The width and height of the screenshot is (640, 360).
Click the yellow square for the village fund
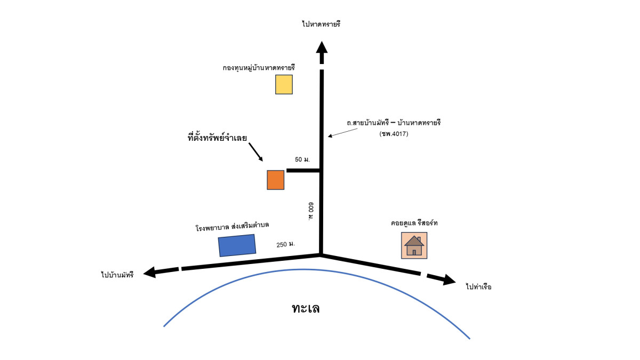pyautogui.click(x=284, y=84)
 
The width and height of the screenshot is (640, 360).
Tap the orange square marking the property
pyautogui.click(x=276, y=180)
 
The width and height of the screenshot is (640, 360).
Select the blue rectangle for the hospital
pyautogui.click(x=237, y=245)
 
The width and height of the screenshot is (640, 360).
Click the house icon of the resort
pyautogui.click(x=414, y=246)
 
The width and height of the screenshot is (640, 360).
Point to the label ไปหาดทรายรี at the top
pyautogui.click(x=321, y=24)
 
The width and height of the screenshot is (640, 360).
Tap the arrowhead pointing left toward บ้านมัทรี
pyautogui.click(x=151, y=272)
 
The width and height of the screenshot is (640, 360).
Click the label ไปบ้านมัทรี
pyautogui.click(x=117, y=275)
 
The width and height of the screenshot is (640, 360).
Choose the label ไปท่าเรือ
pyautogui.click(x=478, y=287)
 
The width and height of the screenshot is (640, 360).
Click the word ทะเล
pyautogui.click(x=306, y=308)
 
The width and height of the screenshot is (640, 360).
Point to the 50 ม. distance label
pyautogui.click(x=302, y=159)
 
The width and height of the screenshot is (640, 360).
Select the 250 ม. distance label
pyautogui.click(x=286, y=245)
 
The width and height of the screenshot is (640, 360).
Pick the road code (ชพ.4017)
pyautogui.click(x=394, y=134)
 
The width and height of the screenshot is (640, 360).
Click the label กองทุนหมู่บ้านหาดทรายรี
pyautogui.click(x=259, y=68)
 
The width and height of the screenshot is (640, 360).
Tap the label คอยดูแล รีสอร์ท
pyautogui.click(x=414, y=223)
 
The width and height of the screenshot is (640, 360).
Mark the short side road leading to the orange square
pyautogui.click(x=303, y=171)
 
